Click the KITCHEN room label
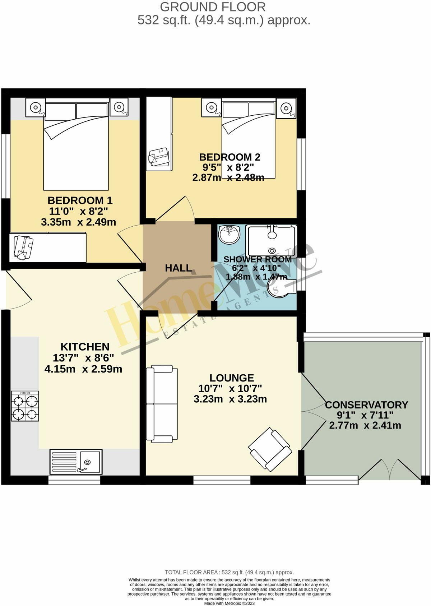pos(85,347)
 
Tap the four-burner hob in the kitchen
pos(25,406)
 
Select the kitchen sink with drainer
pos(76,461)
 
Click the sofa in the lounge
pos(162,404)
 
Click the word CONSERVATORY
pos(366,405)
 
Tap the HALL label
pos(178,268)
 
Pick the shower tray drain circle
pos(272,251)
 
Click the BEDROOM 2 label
pos(230,157)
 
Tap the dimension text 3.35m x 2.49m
pos(78,222)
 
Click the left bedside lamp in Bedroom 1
pos(35,107)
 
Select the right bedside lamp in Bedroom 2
pos(286,107)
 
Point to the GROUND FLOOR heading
pos(213,7)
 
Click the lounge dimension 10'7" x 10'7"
pos(230,388)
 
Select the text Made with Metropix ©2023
pos(229,603)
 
